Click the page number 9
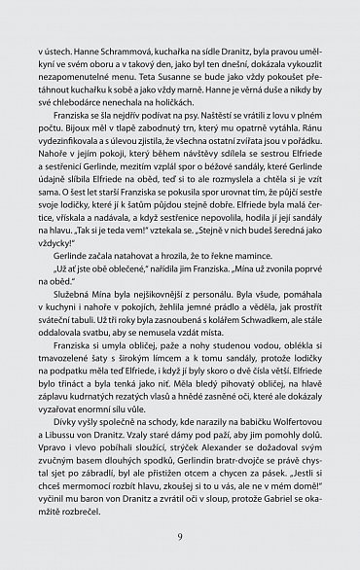click(180, 536)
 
